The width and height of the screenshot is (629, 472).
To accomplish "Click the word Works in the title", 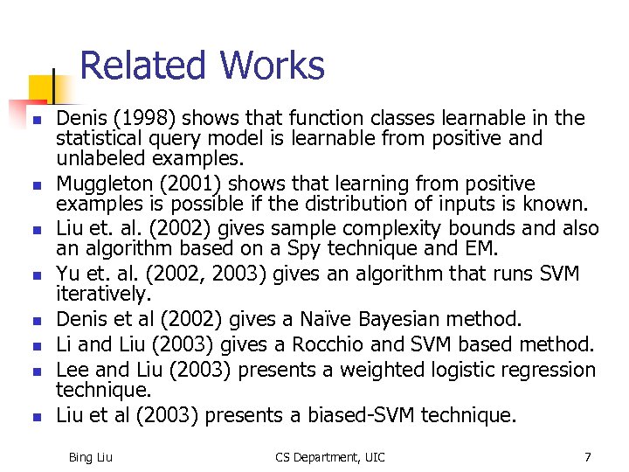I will (x=272, y=66).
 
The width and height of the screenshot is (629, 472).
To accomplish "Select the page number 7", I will (x=588, y=457).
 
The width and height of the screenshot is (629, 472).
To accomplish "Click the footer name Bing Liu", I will (x=90, y=457).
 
